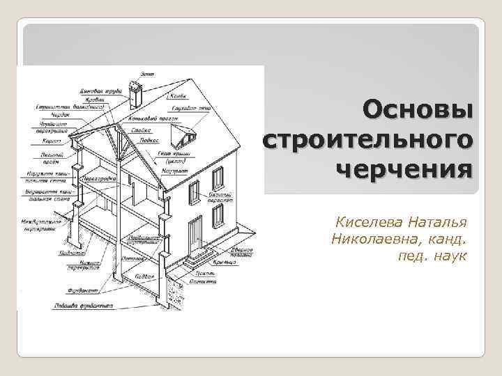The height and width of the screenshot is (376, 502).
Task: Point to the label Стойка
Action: pos(139,130)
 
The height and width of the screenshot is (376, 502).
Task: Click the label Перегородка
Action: pos(98,178)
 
